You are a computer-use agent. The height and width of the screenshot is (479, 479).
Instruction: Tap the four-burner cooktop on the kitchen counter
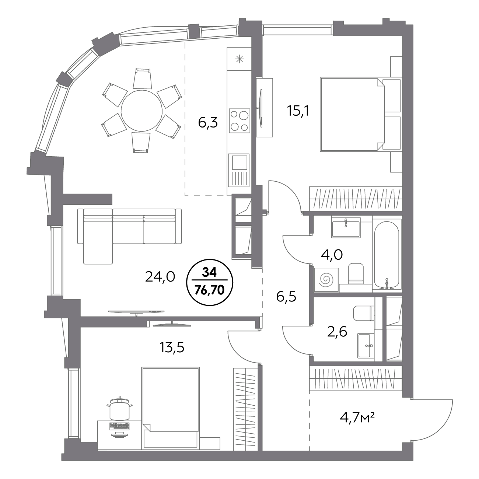click(x=239, y=120)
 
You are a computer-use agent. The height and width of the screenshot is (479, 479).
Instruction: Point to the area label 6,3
click(x=208, y=123)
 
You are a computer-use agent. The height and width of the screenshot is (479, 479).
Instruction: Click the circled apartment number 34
click(x=209, y=273)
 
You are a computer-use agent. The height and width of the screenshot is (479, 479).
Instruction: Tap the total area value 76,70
click(x=210, y=290)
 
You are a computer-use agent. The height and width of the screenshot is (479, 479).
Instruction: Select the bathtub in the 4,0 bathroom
click(x=387, y=255)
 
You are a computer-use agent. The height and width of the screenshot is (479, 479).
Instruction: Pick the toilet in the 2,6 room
click(x=363, y=313)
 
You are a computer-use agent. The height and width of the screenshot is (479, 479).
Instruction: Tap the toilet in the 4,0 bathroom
click(x=356, y=273)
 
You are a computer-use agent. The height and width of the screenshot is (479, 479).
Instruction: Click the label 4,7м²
click(x=357, y=418)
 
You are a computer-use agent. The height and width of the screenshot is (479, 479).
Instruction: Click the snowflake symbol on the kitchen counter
click(x=239, y=59)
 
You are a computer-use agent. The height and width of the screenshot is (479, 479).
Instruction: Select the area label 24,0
click(x=160, y=277)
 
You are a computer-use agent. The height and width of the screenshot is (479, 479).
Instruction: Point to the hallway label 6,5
click(x=286, y=297)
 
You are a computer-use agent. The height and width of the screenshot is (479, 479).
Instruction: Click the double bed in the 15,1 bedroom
click(x=352, y=114)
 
